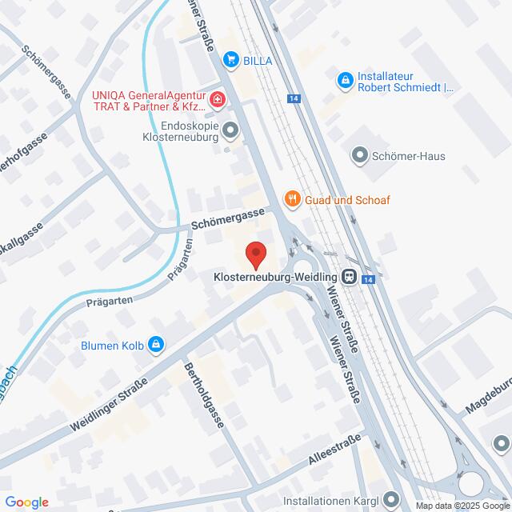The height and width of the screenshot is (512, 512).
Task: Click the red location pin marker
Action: pyautogui.click(x=256, y=255)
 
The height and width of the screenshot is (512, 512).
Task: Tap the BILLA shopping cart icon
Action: pyautogui.click(x=231, y=58)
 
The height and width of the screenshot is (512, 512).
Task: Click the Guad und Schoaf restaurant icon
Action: pyautogui.click(x=293, y=199)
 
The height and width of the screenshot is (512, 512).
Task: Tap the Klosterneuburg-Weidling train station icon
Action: pyautogui.click(x=349, y=278)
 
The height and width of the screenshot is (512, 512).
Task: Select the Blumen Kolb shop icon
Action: pyautogui.click(x=154, y=346)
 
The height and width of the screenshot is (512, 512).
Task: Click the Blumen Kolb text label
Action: pyautogui.click(x=111, y=346)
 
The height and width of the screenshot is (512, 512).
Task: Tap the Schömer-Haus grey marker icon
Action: pyautogui.click(x=358, y=156)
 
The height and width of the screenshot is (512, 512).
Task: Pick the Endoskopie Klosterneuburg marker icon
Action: pyautogui.click(x=231, y=129)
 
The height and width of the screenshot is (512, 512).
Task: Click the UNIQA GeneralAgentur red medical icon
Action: pyautogui.click(x=218, y=100)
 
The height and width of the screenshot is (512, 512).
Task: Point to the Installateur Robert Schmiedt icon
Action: pyautogui.click(x=345, y=79)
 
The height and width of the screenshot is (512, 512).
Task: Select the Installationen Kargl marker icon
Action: pyautogui.click(x=390, y=500)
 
